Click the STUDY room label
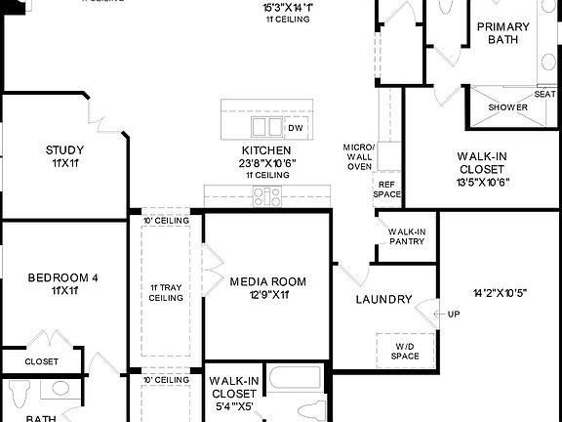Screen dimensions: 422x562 pyautogui.click(x=64, y=149)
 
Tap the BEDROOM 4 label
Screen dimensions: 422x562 pyautogui.click(x=62, y=277)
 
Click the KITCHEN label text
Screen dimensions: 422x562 pyautogui.click(x=266, y=149)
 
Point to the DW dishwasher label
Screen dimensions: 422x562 pyautogui.click(x=295, y=128)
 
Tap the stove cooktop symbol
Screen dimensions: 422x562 pyautogui.click(x=265, y=197)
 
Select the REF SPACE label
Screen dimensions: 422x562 pyautogui.click(x=387, y=189)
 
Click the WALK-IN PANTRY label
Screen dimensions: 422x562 pyautogui.click(x=407, y=235)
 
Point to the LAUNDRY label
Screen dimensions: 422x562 pyautogui.click(x=383, y=299)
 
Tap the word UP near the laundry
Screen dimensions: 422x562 pyautogui.click(x=453, y=314)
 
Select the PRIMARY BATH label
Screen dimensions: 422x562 pyautogui.click(x=504, y=33)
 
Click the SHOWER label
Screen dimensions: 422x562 pyautogui.click(x=507, y=106)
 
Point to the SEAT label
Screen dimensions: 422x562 pyautogui.click(x=544, y=94)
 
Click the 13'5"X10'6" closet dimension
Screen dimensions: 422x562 pyautogui.click(x=482, y=181)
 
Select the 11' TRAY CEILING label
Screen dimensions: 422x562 pyautogui.click(x=166, y=293)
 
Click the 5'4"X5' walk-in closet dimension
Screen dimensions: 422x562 pyautogui.click(x=232, y=405)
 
